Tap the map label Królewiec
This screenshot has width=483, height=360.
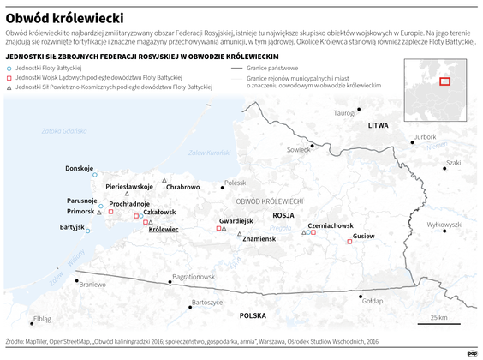pyautogui.click(x=164, y=230)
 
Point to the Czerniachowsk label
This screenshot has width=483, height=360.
pyautogui.click(x=331, y=225)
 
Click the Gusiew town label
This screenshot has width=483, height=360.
pyautogui.click(x=364, y=235)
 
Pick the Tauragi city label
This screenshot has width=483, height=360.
pyautogui.click(x=344, y=113)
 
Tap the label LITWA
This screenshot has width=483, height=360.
pyautogui.click(x=378, y=125)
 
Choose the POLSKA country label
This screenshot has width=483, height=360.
pyautogui.click(x=253, y=315)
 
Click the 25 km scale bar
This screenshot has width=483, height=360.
pyautogui.click(x=438, y=323)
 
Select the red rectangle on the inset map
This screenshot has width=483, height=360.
pyautogui.click(x=445, y=81)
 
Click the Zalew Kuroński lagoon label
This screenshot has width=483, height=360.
pyautogui.click(x=209, y=153)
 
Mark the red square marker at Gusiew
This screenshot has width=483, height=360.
pyautogui.click(x=349, y=243)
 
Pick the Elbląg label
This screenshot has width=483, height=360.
pyautogui.click(x=41, y=319)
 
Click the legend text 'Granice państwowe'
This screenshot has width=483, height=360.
pyautogui.click(x=271, y=66)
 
